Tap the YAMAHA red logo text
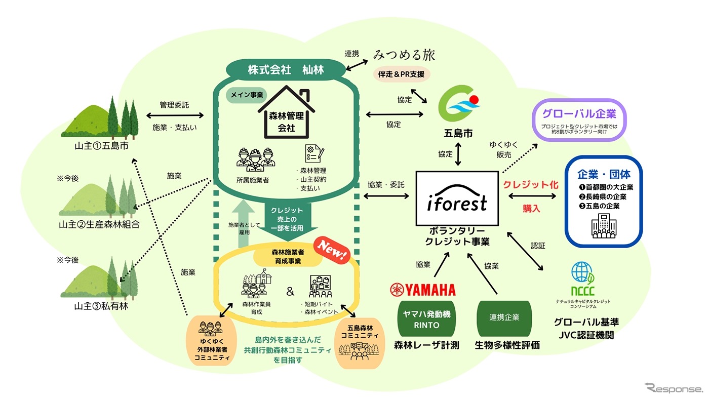(x=423, y=290)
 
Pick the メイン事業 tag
(x=245, y=96)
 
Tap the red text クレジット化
(x=531, y=185)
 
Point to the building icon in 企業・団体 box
(x=604, y=227)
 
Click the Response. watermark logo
(x=674, y=389)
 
